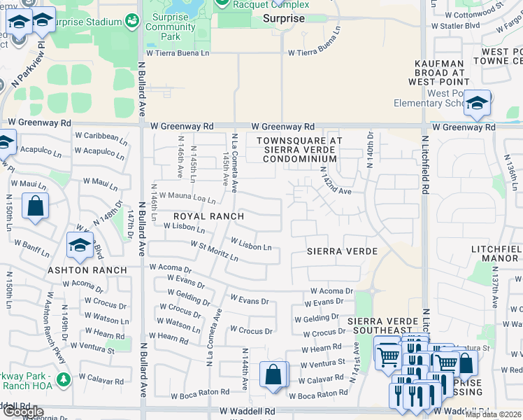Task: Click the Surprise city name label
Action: pos(284,19)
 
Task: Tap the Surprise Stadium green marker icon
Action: pos(131,22)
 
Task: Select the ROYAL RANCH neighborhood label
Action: pos(199,216)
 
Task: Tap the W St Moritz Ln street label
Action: pos(215,251)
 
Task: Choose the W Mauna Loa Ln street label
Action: pos(187,198)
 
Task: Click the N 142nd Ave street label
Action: pos(335,181)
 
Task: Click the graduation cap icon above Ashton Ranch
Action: pos(80,245)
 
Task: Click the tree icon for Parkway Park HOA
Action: pos(64,379)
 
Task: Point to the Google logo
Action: pos(23,412)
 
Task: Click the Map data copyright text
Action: pos(493,414)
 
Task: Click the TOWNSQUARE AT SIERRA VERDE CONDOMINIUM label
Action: pos(299,150)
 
